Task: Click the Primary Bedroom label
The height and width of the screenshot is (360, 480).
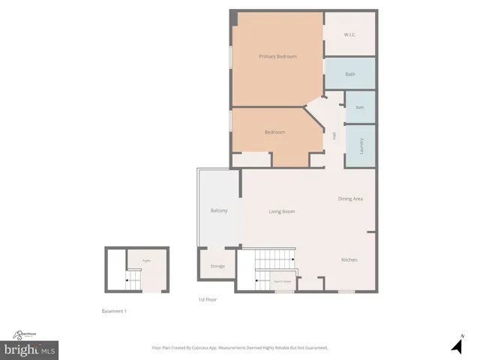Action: click(277, 57)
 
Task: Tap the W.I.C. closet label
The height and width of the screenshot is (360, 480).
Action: click(349, 34)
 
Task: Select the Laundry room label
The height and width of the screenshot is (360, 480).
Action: click(361, 145)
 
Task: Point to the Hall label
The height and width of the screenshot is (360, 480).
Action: click(334, 136)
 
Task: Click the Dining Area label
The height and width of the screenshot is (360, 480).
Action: click(350, 199)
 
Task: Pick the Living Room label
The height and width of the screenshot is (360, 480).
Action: click(282, 211)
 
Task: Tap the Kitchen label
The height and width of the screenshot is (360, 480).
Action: click(349, 259)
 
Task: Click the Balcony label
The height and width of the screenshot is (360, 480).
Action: click(218, 211)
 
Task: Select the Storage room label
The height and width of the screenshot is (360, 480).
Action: click(217, 266)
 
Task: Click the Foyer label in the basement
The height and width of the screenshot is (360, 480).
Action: click(147, 261)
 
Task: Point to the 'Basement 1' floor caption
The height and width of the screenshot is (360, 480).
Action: click(114, 311)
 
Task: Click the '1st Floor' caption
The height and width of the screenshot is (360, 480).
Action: click(207, 299)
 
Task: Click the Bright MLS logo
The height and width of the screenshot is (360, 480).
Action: click(30, 349)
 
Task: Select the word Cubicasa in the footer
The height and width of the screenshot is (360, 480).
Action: click(205, 348)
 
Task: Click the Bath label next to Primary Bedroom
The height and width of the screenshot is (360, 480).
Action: click(350, 74)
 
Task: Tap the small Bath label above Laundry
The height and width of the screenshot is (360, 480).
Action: click(360, 107)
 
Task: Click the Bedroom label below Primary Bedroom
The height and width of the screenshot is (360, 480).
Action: click(274, 132)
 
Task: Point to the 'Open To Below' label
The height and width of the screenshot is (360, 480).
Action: click(283, 280)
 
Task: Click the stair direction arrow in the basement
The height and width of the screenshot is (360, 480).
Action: click(129, 280)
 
